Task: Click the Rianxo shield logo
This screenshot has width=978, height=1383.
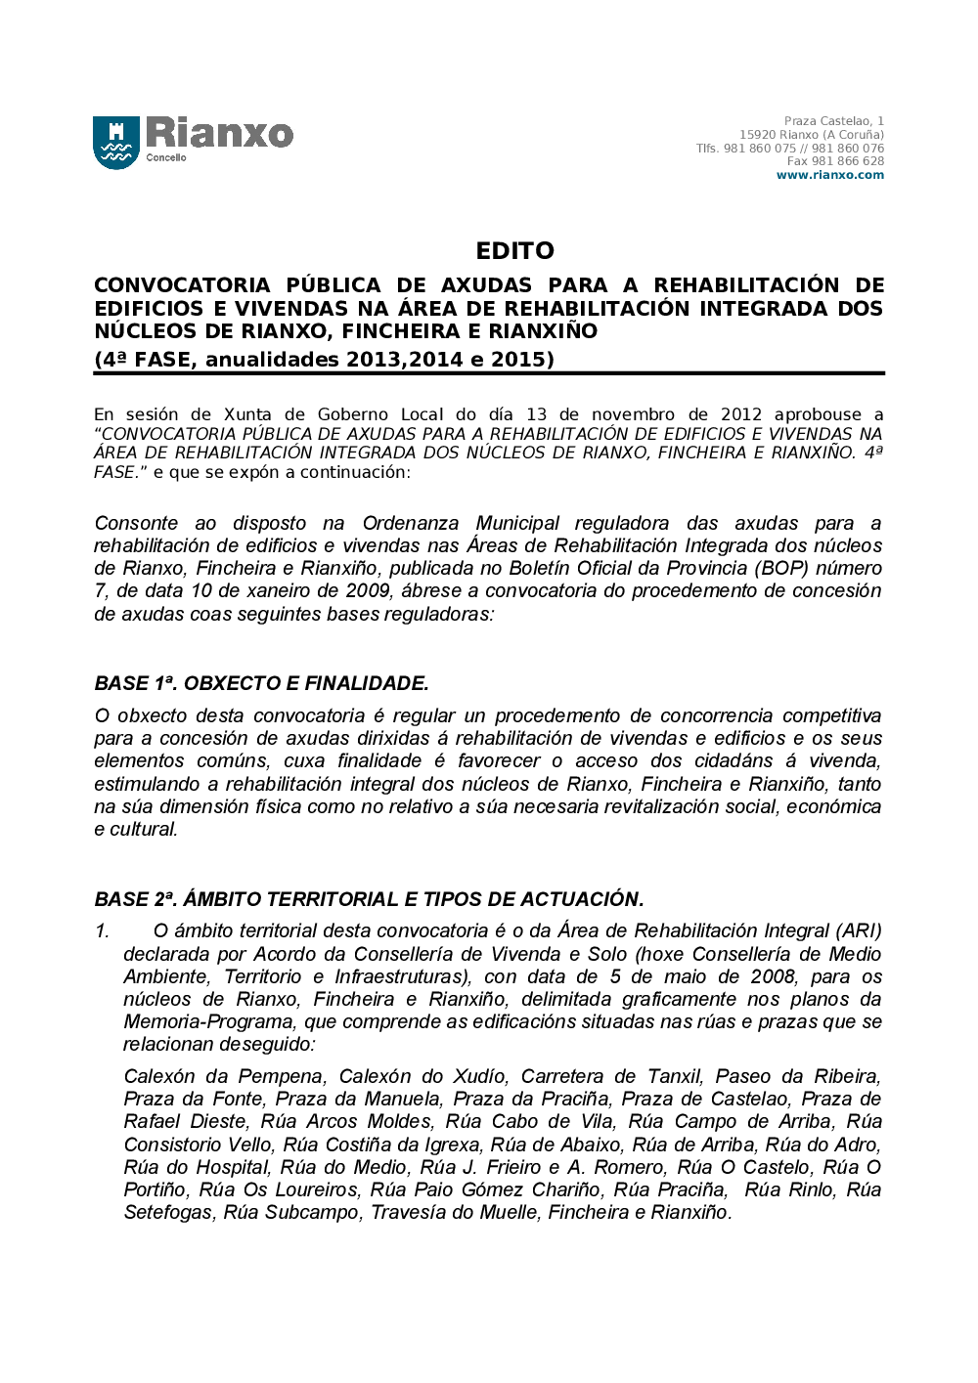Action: pyautogui.click(x=116, y=143)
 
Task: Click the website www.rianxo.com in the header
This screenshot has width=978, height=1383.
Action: pyautogui.click(x=829, y=176)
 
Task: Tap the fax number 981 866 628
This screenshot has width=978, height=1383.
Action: pyautogui.click(x=847, y=161)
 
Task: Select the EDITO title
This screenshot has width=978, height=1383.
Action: pyautogui.click(x=514, y=251)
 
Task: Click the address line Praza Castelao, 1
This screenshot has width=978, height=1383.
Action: pyautogui.click(x=833, y=121)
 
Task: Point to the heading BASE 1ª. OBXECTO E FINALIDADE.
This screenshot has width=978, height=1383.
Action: pyautogui.click(x=261, y=683)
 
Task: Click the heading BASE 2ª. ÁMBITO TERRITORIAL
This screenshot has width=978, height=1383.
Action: pyautogui.click(x=369, y=899)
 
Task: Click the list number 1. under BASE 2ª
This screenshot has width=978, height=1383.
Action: pyautogui.click(x=103, y=931)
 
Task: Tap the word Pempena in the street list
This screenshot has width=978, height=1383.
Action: pyautogui.click(x=282, y=1076)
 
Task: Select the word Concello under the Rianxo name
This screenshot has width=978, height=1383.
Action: pyautogui.click(x=166, y=157)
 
